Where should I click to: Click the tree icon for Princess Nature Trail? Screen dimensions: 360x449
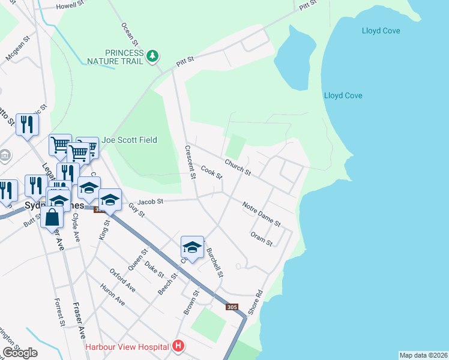(x=153, y=56)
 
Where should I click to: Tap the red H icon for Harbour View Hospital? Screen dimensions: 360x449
(x=178, y=346)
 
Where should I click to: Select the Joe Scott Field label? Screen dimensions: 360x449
(x=129, y=140)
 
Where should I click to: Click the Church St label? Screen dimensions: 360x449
(x=238, y=167)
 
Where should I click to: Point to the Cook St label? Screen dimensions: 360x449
(x=212, y=173)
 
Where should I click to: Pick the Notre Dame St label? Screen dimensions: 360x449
(x=261, y=214)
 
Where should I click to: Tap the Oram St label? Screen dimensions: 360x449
(x=262, y=239)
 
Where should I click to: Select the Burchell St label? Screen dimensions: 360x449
(x=215, y=263)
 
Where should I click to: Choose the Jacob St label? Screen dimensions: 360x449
(x=150, y=202)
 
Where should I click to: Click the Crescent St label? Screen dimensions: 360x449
(x=190, y=162)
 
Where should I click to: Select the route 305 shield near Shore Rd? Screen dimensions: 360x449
(x=232, y=307)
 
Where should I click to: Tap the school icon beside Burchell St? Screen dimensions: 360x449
(x=192, y=247)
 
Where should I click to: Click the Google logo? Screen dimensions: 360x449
(x=20, y=353)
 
